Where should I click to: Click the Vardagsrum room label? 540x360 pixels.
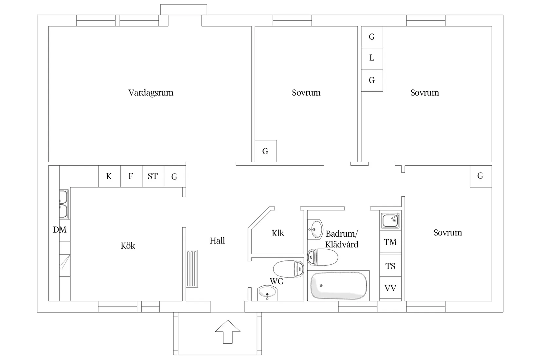tap(151, 93)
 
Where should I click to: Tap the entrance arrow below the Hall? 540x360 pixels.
tap(227, 331)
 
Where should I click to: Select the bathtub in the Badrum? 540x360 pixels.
tap(338, 286)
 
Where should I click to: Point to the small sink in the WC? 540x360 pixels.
tap(267, 292)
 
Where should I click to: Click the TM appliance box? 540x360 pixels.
tap(390, 242)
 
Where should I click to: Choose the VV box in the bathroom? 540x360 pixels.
tap(390, 288)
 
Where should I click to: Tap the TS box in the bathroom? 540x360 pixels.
tap(390, 266)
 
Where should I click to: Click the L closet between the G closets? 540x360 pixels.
tap(372, 58)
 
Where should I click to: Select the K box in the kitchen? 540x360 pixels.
tap(109, 176)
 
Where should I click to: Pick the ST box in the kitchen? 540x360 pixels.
tap(153, 176)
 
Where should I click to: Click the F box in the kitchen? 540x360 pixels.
tap(131, 176)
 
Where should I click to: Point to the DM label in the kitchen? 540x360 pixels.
tap(60, 230)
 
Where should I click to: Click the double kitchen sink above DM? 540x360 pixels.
tap(63, 204)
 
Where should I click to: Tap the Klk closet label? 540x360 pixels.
tap(278, 233)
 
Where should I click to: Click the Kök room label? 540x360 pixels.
tap(128, 246)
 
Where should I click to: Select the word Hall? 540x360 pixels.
tap(217, 241)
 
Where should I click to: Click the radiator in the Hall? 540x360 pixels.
tap(192, 269)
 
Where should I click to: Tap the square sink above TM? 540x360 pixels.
tap(390, 220)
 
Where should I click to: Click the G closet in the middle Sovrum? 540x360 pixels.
tap(265, 151)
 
